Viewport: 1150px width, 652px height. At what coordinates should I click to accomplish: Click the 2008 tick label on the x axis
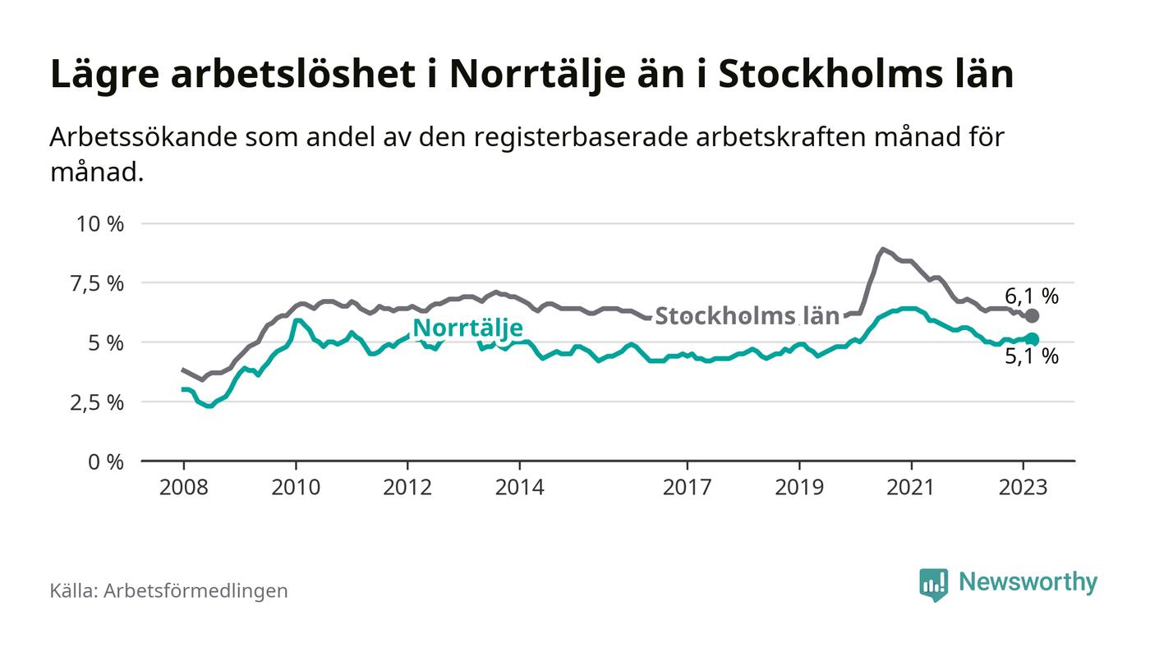(183, 488)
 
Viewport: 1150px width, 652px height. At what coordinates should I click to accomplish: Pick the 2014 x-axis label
(519, 488)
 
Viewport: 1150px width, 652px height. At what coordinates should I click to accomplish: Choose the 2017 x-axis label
(687, 488)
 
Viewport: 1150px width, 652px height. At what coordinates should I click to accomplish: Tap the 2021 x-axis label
(911, 488)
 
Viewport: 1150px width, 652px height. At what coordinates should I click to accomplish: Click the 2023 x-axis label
(1023, 488)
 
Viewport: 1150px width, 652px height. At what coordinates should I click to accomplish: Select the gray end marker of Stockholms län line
(1033, 316)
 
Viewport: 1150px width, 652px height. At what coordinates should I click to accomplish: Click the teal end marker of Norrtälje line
(1033, 339)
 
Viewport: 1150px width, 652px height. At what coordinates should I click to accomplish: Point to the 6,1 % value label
(1032, 296)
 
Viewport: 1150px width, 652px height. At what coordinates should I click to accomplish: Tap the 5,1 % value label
(1032, 357)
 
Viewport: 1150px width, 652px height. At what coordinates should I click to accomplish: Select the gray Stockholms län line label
(747, 316)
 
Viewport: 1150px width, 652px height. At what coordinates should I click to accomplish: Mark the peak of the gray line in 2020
(882, 249)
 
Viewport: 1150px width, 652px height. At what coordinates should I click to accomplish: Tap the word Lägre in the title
(103, 75)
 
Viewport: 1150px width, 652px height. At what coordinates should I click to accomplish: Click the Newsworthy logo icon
(933, 584)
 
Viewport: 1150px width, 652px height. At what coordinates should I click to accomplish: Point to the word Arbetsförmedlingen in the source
(195, 590)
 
